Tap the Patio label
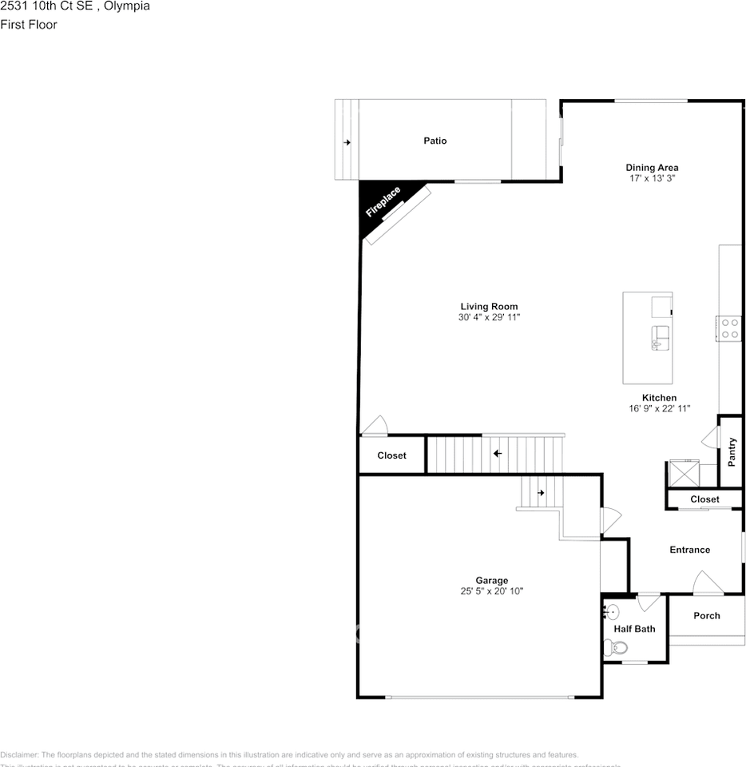tap(435, 141)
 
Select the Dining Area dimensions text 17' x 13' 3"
tap(652, 179)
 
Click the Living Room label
tap(489, 307)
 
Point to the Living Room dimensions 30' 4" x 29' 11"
tap(489, 318)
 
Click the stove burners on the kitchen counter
tap(729, 328)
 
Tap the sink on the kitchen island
tap(661, 337)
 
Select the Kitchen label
tap(659, 398)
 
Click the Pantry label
tap(732, 452)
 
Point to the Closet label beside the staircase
tap(391, 455)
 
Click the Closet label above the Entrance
tap(704, 499)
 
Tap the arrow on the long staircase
tap(498, 454)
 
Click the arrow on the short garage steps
tap(541, 493)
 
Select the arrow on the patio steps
tap(347, 142)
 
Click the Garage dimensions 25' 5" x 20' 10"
tap(492, 592)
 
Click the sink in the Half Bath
tap(611, 613)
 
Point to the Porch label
tap(706, 615)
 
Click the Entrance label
tap(689, 550)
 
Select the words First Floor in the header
tap(29, 25)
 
